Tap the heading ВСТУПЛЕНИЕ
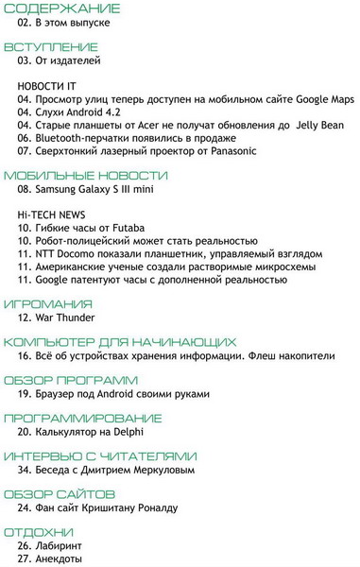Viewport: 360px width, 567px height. tap(51, 46)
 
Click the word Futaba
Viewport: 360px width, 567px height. tap(140, 228)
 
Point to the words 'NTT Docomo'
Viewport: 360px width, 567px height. tap(66, 254)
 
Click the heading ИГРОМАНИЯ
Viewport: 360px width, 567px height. tap(48, 304)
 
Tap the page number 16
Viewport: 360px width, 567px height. tap(26, 356)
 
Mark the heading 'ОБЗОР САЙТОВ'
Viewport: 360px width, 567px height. tap(60, 494)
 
